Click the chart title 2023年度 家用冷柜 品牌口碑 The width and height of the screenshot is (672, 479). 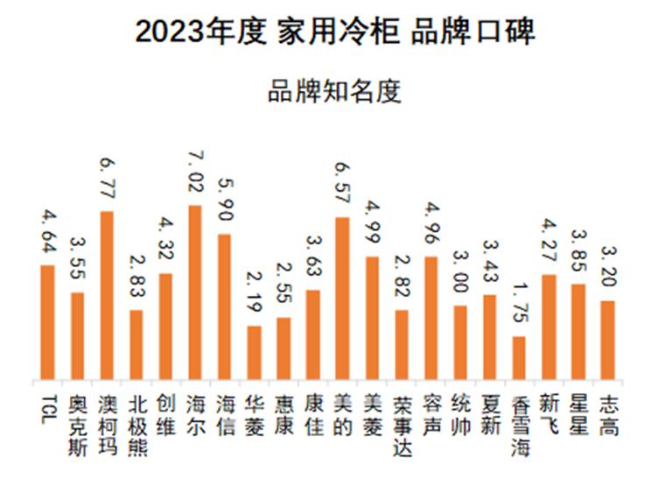pyautogui.click(x=335, y=32)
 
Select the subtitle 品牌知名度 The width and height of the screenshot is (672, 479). pyautogui.click(x=335, y=92)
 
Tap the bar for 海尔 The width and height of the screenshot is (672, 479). pyautogui.click(x=194, y=293)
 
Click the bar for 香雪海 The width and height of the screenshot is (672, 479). pyautogui.click(x=519, y=358)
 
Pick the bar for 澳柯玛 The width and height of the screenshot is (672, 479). pyautogui.click(x=107, y=296)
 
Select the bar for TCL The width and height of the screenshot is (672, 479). pyautogui.click(x=48, y=323)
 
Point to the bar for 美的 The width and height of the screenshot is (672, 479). pyautogui.click(x=342, y=299)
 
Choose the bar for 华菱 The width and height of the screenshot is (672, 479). pyautogui.click(x=254, y=353)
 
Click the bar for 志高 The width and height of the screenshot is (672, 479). pyautogui.click(x=607, y=341)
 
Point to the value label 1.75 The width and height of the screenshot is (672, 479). pyautogui.click(x=519, y=304)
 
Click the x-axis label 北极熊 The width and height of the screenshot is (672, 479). pyautogui.click(x=136, y=424)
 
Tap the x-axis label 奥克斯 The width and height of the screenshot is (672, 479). pyautogui.click(x=77, y=424)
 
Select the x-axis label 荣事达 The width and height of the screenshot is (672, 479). pyautogui.click(x=402, y=424)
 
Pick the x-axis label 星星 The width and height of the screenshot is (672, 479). pyautogui.click(x=577, y=415)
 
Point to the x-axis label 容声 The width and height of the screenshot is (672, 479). pyautogui.click(x=430, y=415)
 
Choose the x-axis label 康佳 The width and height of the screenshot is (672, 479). pyautogui.click(x=312, y=415)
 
